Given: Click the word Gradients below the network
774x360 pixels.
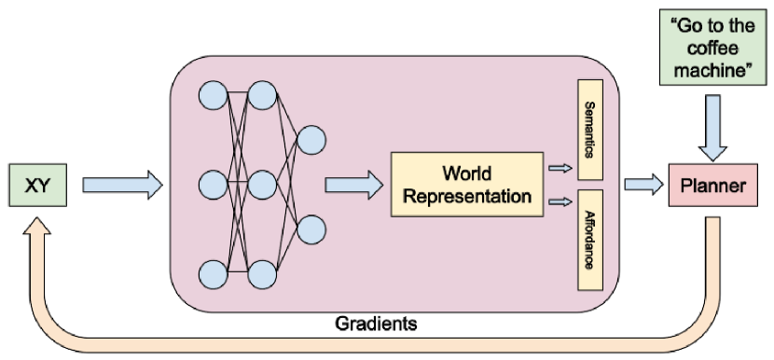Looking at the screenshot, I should click(374, 324).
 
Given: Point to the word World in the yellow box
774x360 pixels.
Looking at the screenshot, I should click(466, 174).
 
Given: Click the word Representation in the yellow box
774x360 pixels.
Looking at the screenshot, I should click(466, 197).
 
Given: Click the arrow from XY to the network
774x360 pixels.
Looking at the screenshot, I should click(121, 186).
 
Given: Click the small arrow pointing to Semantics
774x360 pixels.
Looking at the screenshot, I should click(560, 168).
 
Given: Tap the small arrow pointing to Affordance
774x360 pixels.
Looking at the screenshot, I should click(560, 201).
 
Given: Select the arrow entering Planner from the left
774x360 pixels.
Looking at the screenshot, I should click(642, 186).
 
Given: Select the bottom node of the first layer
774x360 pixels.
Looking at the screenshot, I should click(213, 274).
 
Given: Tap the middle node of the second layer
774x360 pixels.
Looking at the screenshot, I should click(263, 184).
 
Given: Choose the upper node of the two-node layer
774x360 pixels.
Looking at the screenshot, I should click(311, 140).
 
